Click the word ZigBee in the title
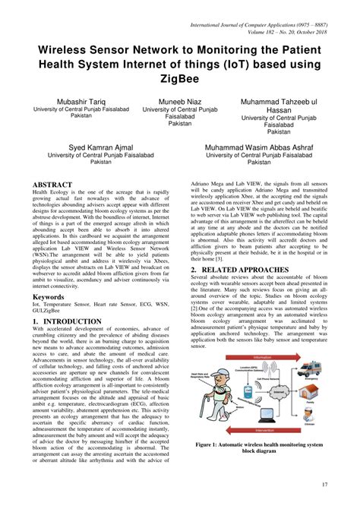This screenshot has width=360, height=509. tap(179, 77)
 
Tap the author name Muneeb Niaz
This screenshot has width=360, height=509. tap(180, 100)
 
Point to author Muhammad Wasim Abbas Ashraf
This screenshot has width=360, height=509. tap(270, 145)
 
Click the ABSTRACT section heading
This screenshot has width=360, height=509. tap(52, 185)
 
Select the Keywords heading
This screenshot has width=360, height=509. tap(48, 296)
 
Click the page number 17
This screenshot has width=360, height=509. tap(324, 485)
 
